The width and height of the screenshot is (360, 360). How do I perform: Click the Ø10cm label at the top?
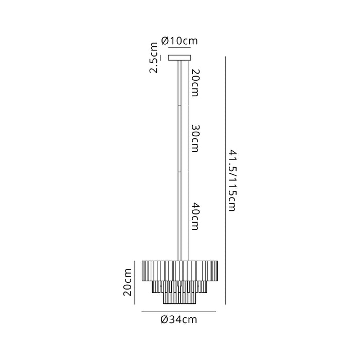click(x=179, y=41)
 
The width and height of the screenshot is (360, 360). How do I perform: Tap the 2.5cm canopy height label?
click(x=154, y=58)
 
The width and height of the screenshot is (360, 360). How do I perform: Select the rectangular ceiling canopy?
click(x=179, y=58)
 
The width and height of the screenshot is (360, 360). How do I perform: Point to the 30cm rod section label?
click(x=195, y=138)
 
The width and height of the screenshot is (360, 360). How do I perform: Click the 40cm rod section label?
click(x=195, y=217)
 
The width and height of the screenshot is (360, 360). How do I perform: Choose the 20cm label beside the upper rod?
click(x=195, y=83)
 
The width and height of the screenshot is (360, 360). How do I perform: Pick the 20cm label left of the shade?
click(x=128, y=282)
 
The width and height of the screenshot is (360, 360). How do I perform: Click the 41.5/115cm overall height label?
click(x=232, y=181)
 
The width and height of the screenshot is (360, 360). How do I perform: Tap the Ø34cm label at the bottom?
click(x=179, y=319)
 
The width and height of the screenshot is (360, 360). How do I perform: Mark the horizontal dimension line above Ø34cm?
click(x=179, y=312)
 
